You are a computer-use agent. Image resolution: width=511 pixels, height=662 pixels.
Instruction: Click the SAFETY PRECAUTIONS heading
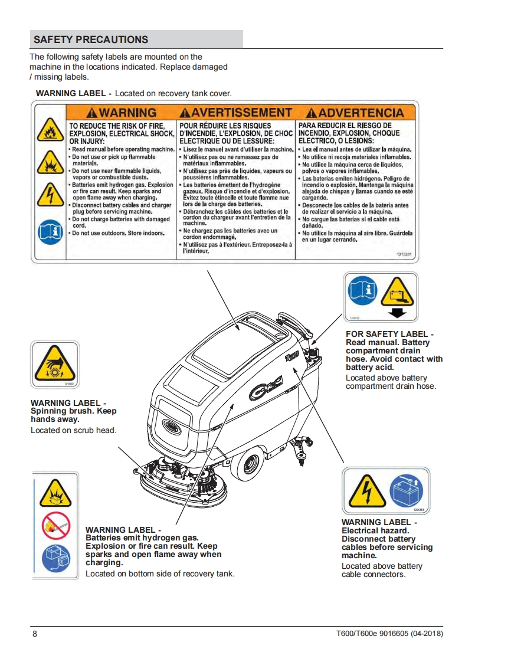click(91, 40)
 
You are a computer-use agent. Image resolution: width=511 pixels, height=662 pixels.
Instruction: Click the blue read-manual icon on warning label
click(50, 232)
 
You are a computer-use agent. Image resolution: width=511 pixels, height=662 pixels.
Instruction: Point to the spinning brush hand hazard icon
click(54, 363)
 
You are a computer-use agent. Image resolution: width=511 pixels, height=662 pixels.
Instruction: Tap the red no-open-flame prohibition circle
click(55, 526)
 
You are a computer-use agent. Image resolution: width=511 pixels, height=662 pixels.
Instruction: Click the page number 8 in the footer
click(35, 634)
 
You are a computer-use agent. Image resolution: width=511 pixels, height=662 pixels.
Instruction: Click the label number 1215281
click(404, 254)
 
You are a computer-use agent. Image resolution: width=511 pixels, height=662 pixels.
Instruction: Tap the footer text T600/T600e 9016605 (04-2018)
click(386, 634)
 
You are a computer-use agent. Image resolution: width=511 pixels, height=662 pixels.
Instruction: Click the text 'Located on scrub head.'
click(73, 430)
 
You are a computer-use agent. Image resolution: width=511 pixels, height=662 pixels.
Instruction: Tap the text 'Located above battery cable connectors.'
click(382, 570)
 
